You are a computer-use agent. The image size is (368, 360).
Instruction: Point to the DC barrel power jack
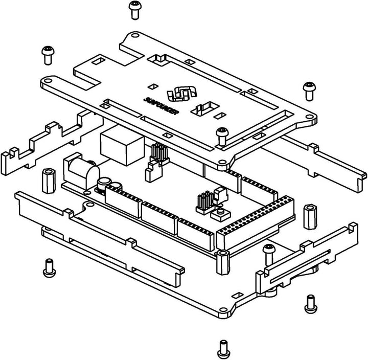82,170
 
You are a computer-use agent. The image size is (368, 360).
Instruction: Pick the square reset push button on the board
221,212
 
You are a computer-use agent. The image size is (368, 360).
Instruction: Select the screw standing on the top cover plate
222,136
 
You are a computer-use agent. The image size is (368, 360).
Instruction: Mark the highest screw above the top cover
134,9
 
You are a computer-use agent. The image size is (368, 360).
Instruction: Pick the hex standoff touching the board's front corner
223,261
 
